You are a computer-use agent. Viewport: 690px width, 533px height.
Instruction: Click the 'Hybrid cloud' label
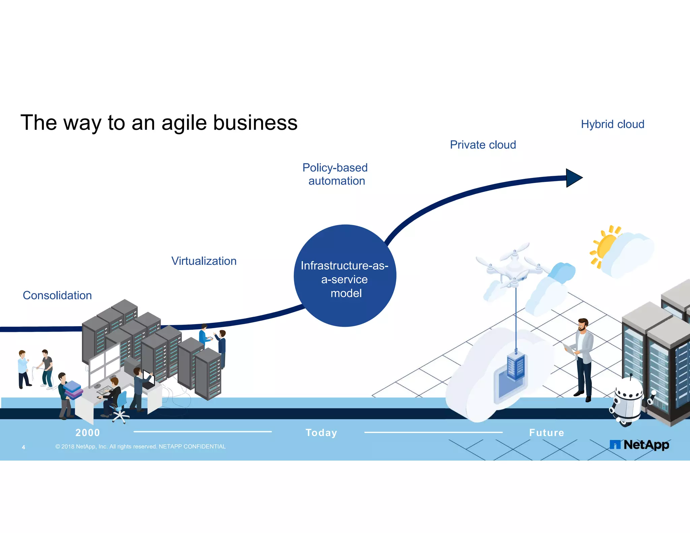[x=612, y=124]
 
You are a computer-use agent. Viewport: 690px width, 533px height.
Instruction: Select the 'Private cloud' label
[x=483, y=145]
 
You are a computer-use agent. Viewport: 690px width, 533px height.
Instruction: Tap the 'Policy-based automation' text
[x=335, y=174]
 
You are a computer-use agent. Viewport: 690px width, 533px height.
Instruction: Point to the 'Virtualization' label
[x=204, y=261]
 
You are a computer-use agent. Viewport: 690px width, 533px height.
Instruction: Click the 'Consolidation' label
[x=57, y=295]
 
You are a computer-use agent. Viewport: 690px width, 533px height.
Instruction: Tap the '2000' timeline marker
[x=88, y=433]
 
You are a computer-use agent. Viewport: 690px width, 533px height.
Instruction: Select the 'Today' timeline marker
[x=321, y=433]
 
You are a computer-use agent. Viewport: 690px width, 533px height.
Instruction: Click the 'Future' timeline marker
[x=546, y=433]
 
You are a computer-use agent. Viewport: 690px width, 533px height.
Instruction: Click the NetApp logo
[x=639, y=445]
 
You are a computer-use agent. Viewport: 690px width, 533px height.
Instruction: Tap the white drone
[x=514, y=266]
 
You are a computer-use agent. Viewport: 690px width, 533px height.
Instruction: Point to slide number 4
[x=23, y=447]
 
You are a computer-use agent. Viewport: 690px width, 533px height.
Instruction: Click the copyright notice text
[x=140, y=447]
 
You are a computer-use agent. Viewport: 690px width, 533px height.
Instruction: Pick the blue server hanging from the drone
[x=515, y=366]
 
